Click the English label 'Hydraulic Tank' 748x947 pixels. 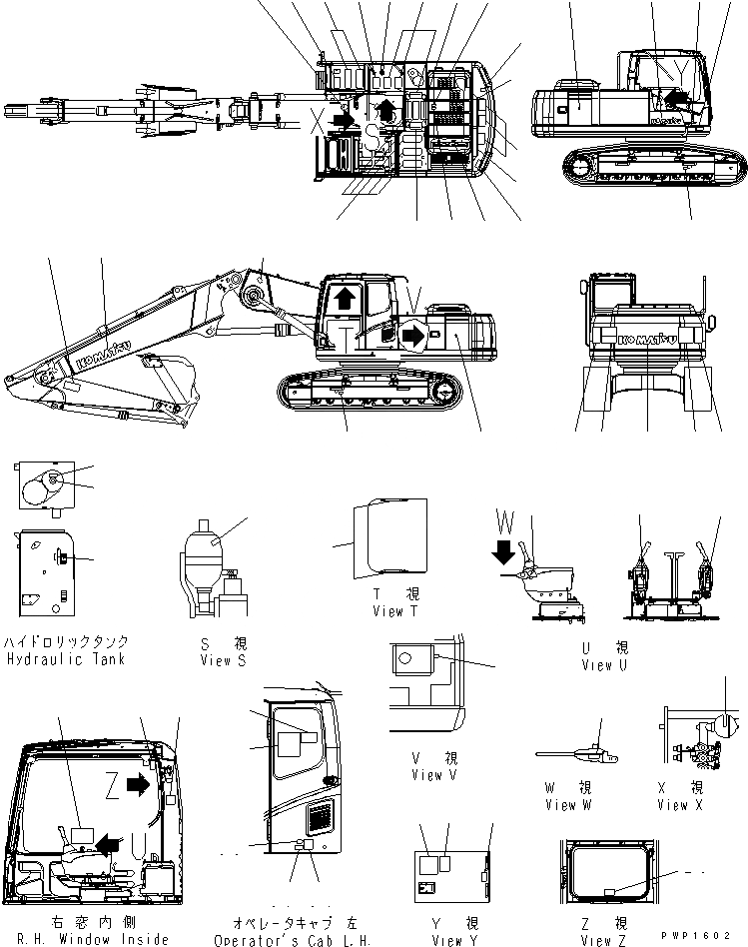click(66, 660)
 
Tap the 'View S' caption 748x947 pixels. click(222, 660)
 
